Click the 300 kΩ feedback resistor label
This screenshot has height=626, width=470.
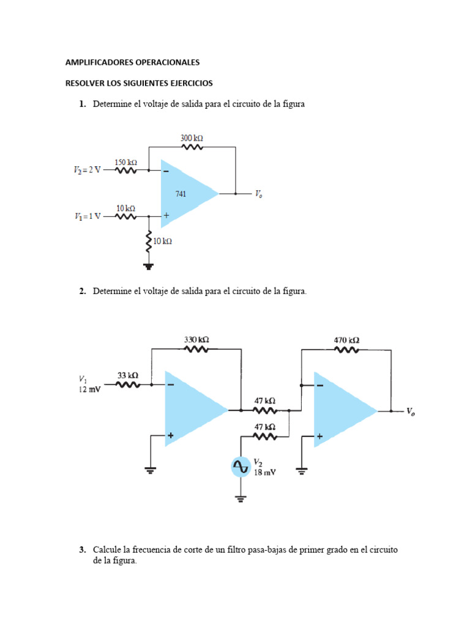click(x=192, y=139)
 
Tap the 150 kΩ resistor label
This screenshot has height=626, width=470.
click(x=125, y=162)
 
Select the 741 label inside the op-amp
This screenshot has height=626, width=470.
click(x=181, y=194)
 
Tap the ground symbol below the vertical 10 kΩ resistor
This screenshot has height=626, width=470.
click(x=148, y=265)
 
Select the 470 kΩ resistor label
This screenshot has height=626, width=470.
click(x=346, y=340)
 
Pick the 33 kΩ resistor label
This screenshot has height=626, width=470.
click(x=127, y=375)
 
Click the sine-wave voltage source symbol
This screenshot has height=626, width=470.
click(x=241, y=468)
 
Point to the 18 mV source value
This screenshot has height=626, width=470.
click(x=264, y=473)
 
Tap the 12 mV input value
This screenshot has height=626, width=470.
click(x=89, y=389)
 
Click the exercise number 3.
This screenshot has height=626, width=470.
click(x=81, y=550)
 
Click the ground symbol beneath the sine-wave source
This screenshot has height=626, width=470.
click(x=241, y=499)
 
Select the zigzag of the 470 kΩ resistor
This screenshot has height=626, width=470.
click(x=346, y=350)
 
